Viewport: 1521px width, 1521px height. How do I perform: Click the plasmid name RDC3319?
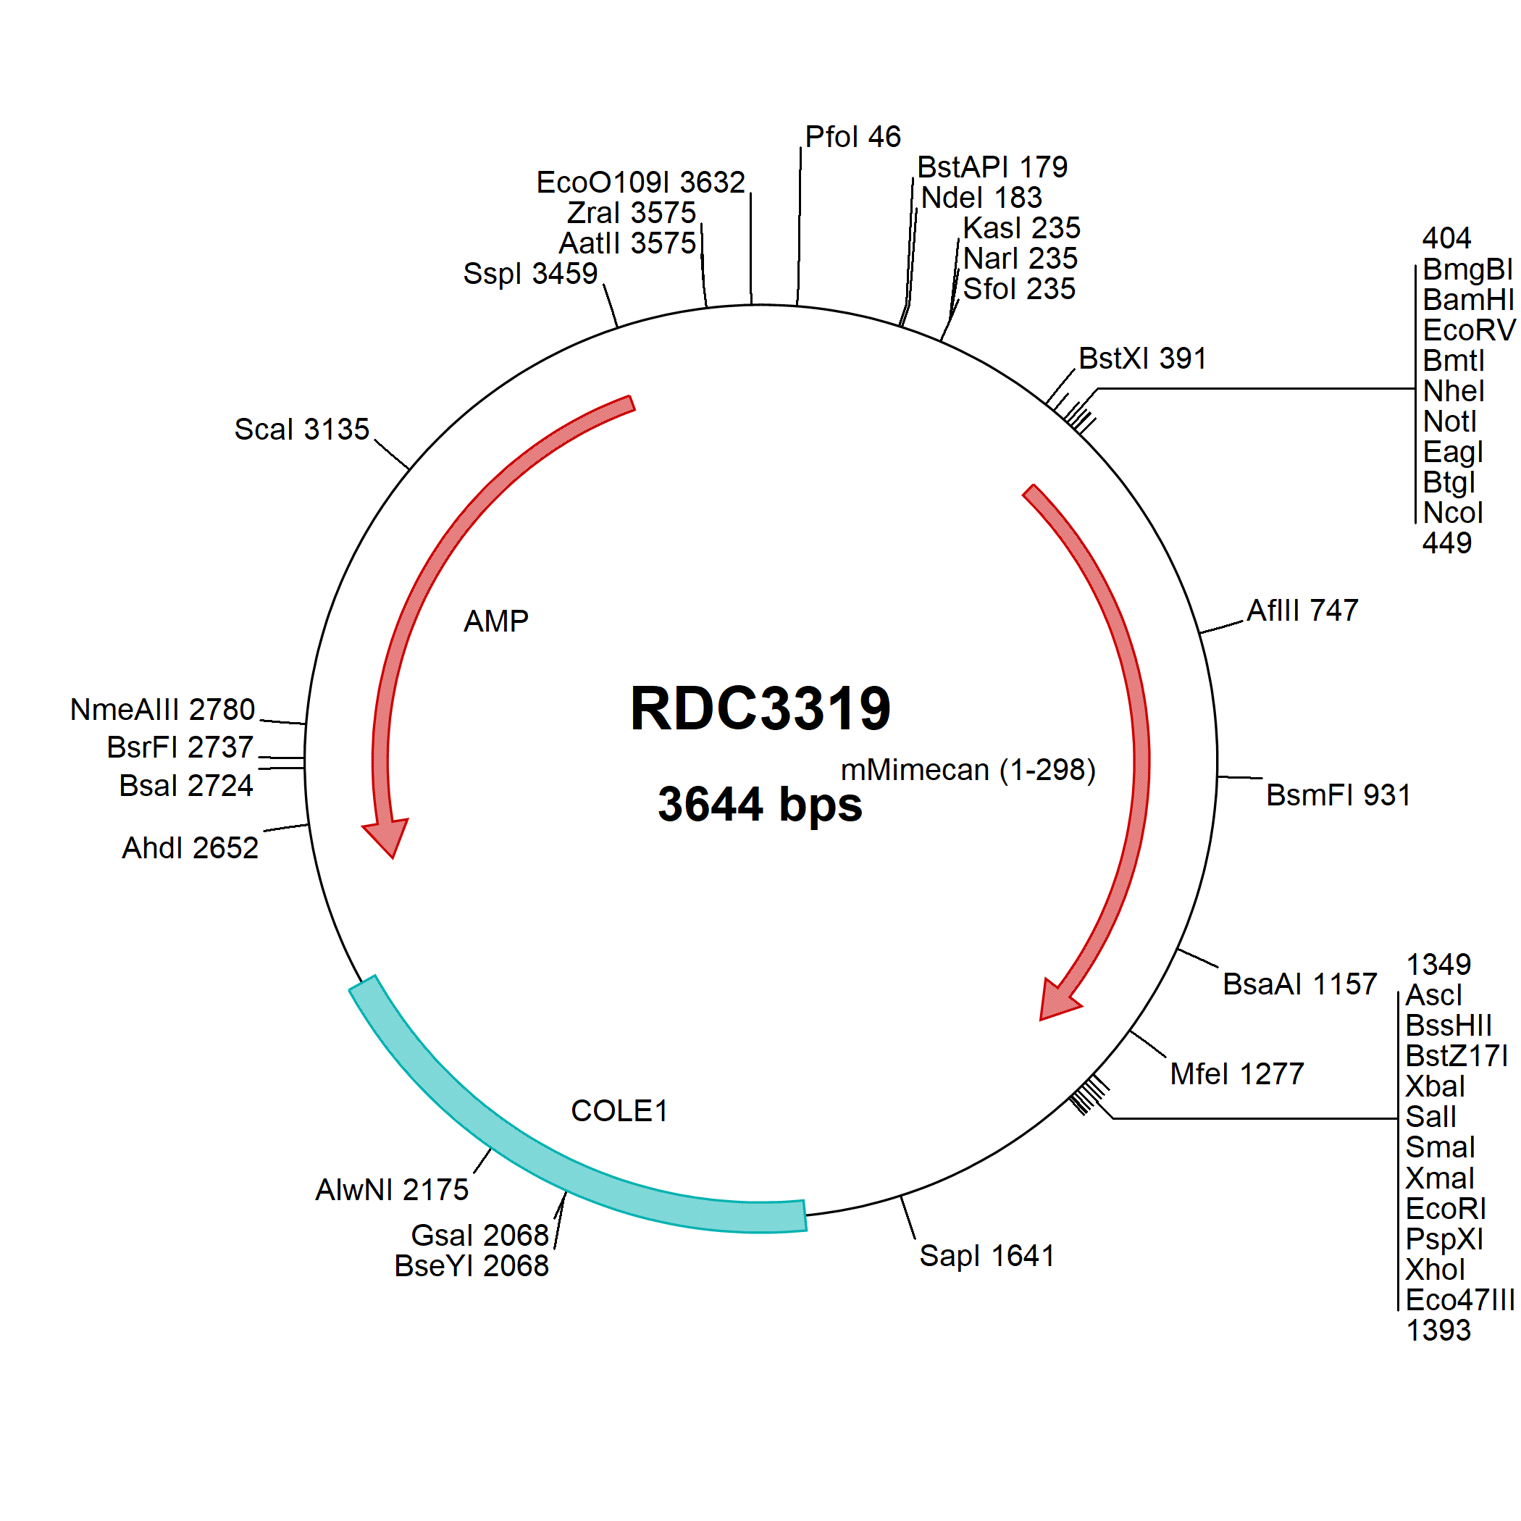tap(760, 708)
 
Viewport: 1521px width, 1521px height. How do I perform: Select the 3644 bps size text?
tap(760, 804)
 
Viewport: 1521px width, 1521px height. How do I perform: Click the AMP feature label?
tap(496, 621)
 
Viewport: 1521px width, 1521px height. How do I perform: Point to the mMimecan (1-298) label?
tap(968, 770)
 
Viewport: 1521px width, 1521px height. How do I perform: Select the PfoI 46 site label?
tap(852, 137)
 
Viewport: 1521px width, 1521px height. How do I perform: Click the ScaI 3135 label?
tap(301, 429)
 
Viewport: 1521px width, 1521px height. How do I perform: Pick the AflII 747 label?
tap(1303, 610)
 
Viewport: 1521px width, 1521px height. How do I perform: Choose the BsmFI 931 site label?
tap(1338, 795)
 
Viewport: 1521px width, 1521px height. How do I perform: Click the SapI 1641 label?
tap(986, 1256)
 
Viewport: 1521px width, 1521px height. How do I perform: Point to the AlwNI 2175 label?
tap(392, 1189)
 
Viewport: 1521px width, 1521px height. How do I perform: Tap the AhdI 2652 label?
tap(190, 848)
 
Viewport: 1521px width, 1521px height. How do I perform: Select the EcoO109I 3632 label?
tap(641, 183)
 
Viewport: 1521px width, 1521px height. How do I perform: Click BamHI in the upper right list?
tap(1468, 300)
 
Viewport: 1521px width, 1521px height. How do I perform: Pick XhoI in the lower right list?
tap(1436, 1270)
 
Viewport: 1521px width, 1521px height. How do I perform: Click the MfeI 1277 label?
tap(1238, 1074)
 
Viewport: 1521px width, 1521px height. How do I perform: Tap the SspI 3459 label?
tap(531, 274)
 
